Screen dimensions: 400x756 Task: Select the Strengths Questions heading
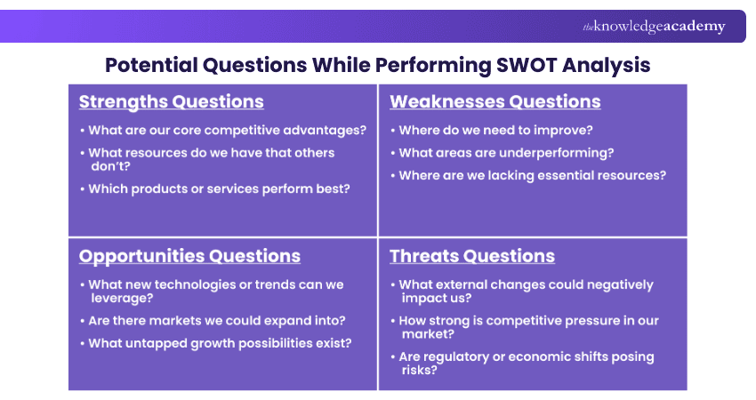pyautogui.click(x=171, y=101)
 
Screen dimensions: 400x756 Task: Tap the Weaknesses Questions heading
pyautogui.click(x=495, y=101)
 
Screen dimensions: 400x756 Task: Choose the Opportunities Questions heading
pyautogui.click(x=189, y=256)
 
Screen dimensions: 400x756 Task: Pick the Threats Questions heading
pyautogui.click(x=471, y=256)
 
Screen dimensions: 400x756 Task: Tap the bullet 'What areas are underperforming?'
pyautogui.click(x=506, y=153)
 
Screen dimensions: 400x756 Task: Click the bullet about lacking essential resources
pyautogui.click(x=532, y=175)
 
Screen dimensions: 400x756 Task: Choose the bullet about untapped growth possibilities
pyautogui.click(x=220, y=342)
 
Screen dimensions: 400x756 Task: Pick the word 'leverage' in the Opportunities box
pyautogui.click(x=117, y=298)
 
